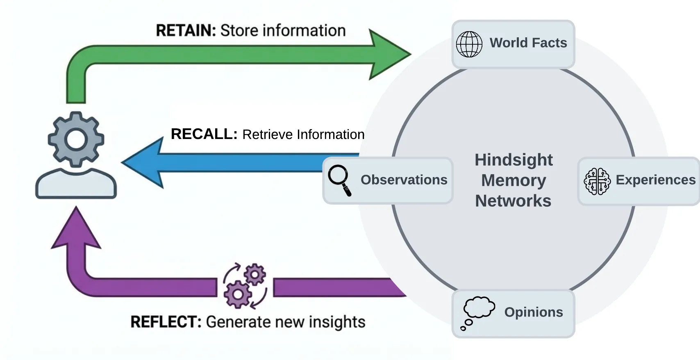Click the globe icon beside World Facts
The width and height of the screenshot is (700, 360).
click(x=469, y=44)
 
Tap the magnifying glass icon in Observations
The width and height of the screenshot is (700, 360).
click(x=340, y=180)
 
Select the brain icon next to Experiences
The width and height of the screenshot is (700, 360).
click(x=597, y=181)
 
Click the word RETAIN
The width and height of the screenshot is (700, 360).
click(x=186, y=31)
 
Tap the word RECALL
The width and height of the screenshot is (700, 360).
click(x=204, y=134)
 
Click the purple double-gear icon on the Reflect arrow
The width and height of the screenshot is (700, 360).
click(x=245, y=286)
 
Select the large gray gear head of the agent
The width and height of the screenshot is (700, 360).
click(x=76, y=139)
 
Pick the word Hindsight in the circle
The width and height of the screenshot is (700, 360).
click(x=514, y=160)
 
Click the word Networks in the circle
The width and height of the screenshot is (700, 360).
click(x=513, y=201)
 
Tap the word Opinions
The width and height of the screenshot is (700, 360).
click(x=533, y=312)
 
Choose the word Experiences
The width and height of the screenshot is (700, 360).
click(x=655, y=180)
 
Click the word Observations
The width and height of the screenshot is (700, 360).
click(x=404, y=180)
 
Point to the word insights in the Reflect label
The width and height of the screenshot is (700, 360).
click(x=336, y=322)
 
